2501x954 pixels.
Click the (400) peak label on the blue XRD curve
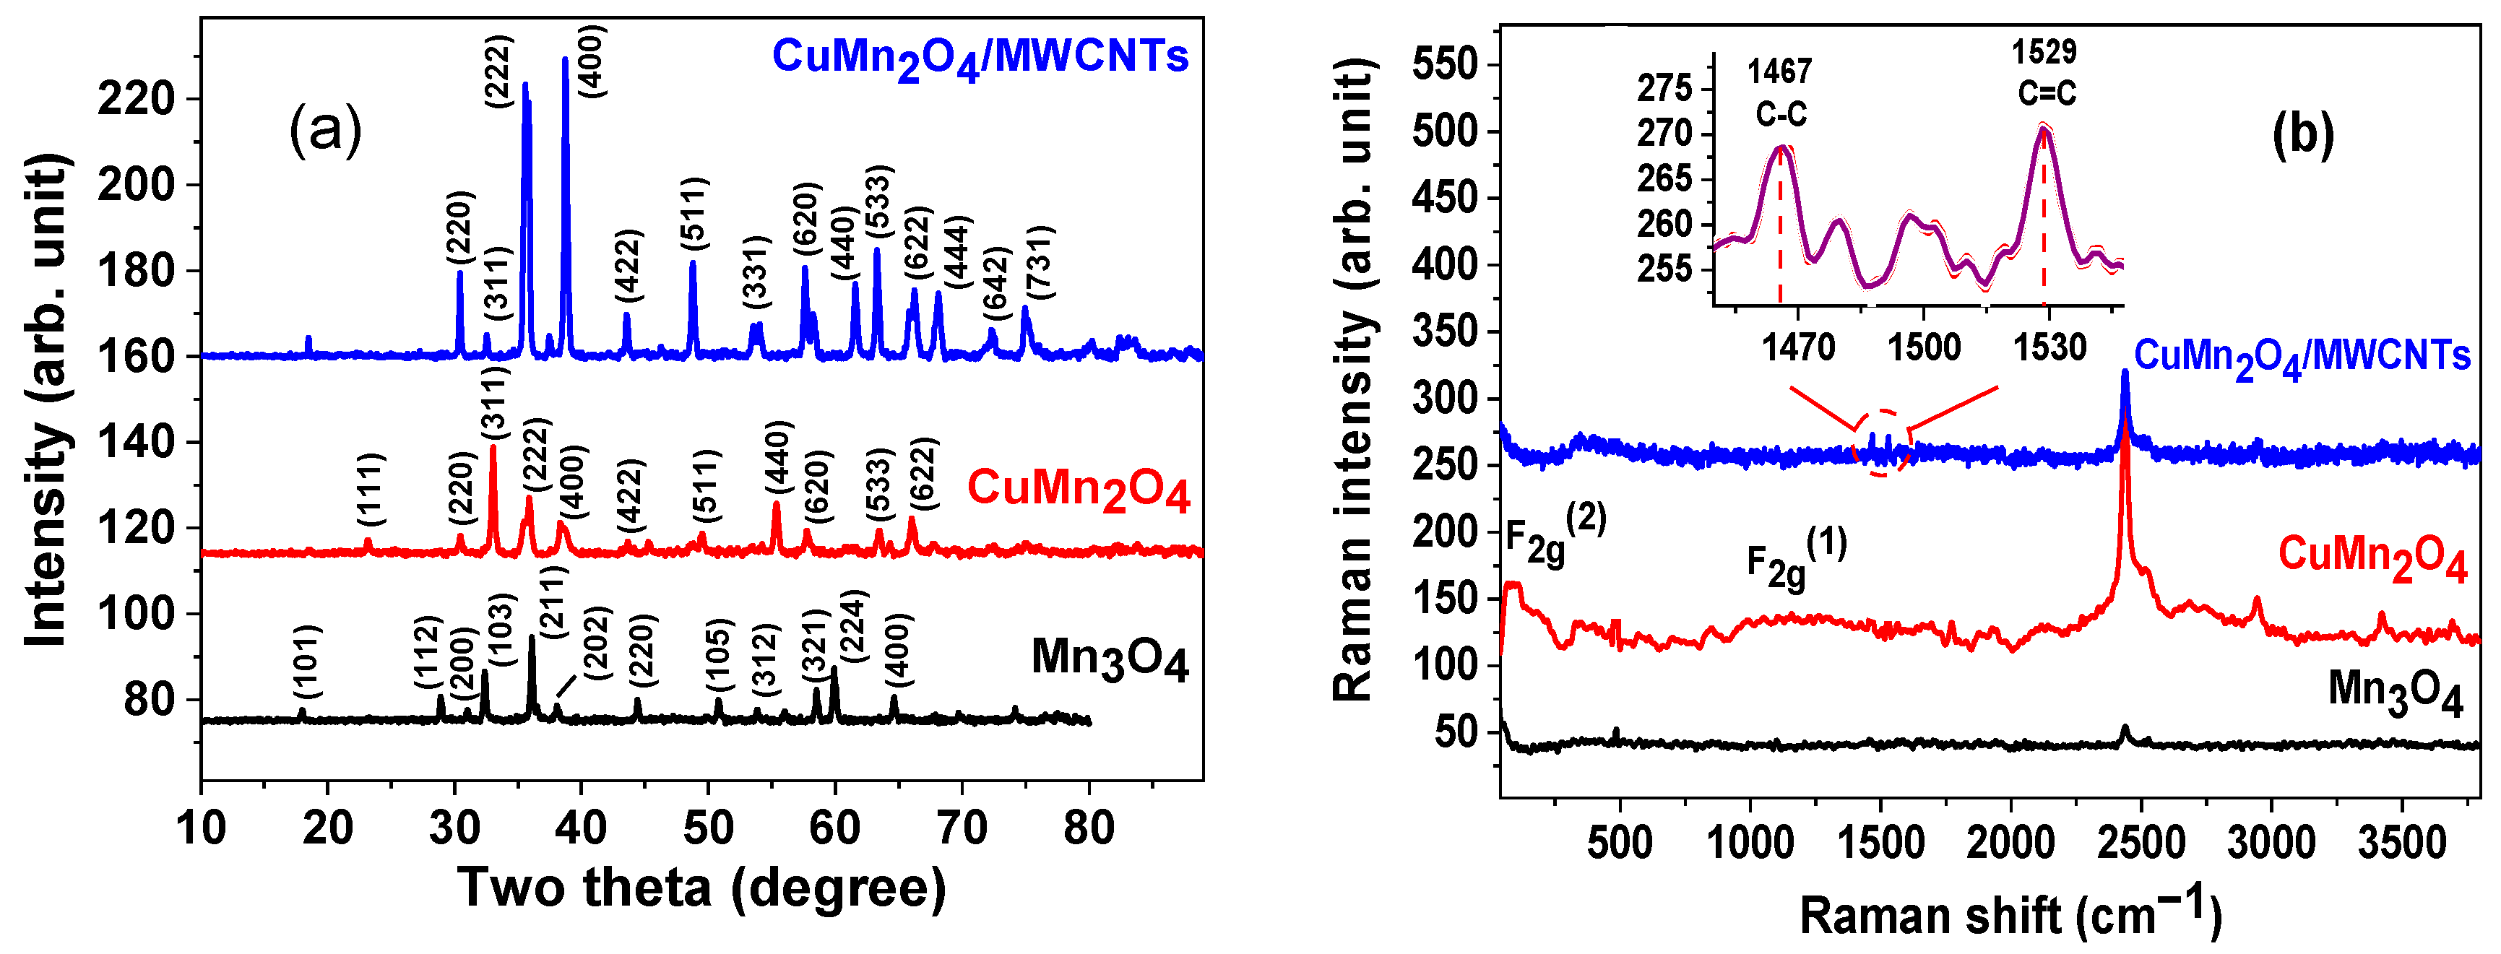[x=591, y=61]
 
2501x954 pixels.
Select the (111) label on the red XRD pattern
[x=371, y=488]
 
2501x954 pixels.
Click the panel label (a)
[x=325, y=131]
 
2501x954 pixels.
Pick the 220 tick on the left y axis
[x=136, y=99]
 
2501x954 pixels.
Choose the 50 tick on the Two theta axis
[x=708, y=828]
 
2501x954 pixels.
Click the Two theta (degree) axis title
[x=701, y=887]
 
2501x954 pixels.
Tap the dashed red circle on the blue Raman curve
[x=1882, y=443]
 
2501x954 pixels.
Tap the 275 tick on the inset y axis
[x=1664, y=88]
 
